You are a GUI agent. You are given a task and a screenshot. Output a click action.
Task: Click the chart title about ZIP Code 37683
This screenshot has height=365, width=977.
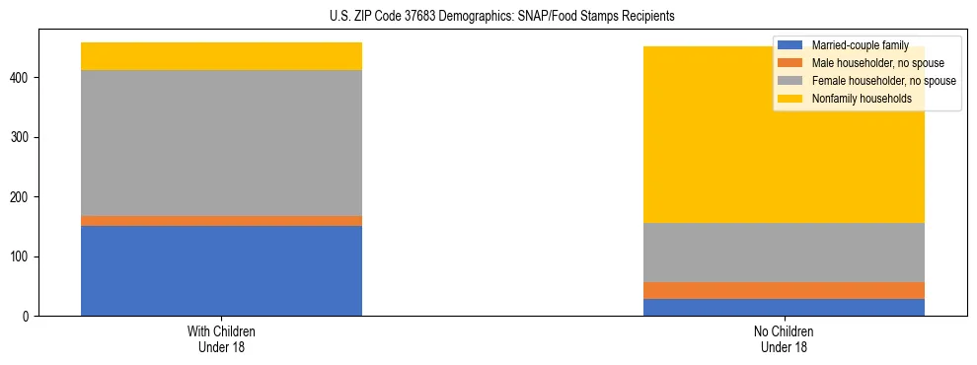(x=488, y=16)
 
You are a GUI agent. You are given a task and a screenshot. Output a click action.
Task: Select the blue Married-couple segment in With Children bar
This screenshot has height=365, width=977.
(x=221, y=270)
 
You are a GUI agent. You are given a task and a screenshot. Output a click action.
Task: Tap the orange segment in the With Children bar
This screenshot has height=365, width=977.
(x=221, y=221)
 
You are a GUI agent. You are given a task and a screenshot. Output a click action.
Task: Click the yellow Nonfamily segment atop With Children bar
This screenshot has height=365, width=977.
(x=221, y=56)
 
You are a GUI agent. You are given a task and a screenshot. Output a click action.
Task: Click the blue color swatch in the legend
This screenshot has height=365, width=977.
(x=790, y=45)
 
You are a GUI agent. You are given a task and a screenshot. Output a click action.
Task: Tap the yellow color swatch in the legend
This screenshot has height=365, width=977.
(x=790, y=99)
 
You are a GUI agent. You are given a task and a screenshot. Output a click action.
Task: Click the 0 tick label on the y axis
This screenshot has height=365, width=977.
(x=30, y=317)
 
